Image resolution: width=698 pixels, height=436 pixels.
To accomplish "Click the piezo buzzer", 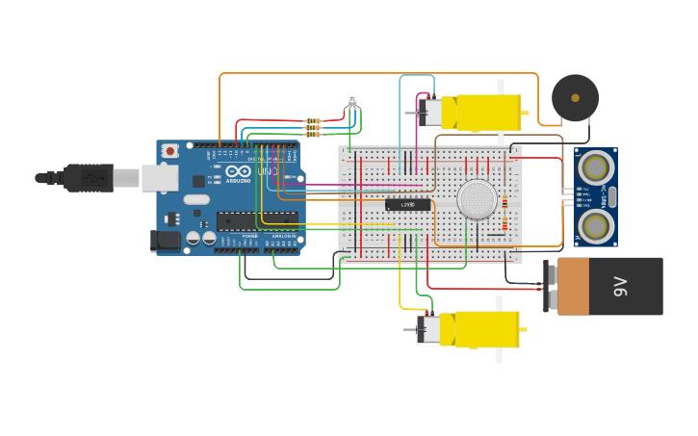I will pos(575,98).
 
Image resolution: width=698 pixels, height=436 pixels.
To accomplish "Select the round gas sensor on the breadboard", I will pos(477,199).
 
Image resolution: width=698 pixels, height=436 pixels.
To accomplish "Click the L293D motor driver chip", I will pos(407,205).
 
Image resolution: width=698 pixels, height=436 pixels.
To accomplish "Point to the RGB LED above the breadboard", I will pos(352,99).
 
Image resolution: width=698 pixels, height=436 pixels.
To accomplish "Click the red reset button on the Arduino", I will pos(170,150).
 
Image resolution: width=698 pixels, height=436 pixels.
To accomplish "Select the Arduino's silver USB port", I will pos(159,177).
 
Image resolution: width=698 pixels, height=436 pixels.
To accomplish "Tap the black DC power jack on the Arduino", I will pos(166,241).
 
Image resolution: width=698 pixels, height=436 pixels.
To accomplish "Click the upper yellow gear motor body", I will pos(487,113).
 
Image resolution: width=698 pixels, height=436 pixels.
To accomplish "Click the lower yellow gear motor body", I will pos(486,329).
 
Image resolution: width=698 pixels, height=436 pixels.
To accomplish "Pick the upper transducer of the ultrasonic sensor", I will pos(596,167).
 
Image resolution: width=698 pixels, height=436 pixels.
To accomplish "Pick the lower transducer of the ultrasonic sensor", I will pos(596,225).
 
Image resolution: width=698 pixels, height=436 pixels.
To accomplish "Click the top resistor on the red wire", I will pos(312,121).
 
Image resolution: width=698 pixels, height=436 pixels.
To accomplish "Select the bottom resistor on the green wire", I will pos(312,135).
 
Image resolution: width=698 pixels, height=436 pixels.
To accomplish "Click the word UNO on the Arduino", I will pos(267,172).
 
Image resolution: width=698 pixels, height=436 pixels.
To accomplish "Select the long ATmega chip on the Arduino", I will pos(256,220).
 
